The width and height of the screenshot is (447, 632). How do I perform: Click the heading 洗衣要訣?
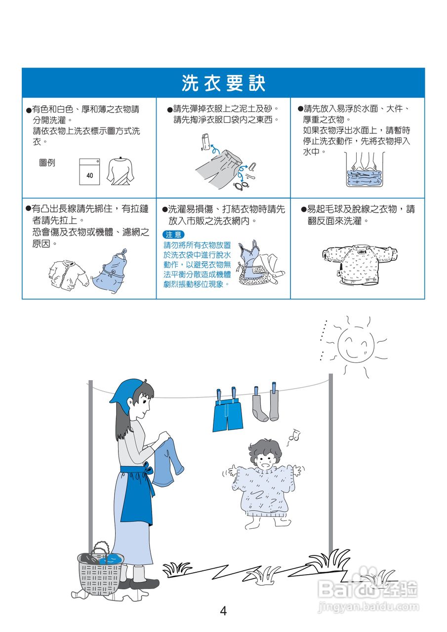[223, 83]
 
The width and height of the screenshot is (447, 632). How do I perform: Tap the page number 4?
[223, 611]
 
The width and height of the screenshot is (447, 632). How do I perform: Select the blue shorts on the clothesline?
[228, 414]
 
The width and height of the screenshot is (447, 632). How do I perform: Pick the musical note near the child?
[294, 434]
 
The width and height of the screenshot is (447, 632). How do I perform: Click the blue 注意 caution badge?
[173, 235]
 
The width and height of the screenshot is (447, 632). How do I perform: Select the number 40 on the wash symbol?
[89, 175]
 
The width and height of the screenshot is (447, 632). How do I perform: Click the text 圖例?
[47, 162]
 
